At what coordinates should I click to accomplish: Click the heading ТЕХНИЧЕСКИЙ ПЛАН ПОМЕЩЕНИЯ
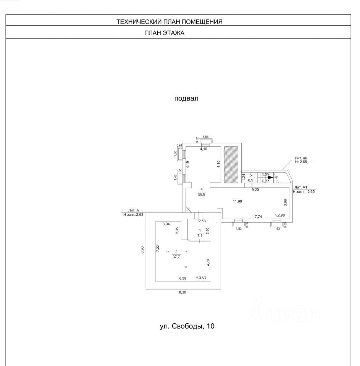pos(169,22)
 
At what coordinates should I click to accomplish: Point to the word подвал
pos(186,98)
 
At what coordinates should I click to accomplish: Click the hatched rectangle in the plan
pos(231,164)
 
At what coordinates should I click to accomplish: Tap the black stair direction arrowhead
pos(270,177)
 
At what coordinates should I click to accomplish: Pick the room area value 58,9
pos(202,194)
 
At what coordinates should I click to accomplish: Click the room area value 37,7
pos(176,257)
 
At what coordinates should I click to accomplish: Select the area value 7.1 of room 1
pos(200,236)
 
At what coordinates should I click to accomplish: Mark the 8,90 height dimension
pos(142,250)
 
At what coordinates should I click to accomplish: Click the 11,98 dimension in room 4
pos(238,201)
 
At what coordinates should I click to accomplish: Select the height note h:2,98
pos(279,215)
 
